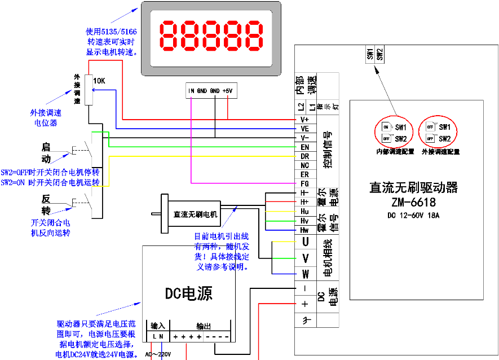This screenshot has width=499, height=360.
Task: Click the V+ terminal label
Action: pyautogui.click(x=304, y=120)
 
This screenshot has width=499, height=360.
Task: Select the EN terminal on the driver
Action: pyautogui.click(x=304, y=147)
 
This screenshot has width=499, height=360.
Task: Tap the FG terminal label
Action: pyautogui.click(x=304, y=183)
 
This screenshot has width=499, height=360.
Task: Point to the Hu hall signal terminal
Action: pyautogui.click(x=304, y=211)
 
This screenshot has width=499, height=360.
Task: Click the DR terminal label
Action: pyautogui.click(x=304, y=156)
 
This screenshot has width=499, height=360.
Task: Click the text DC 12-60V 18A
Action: pyautogui.click(x=413, y=215)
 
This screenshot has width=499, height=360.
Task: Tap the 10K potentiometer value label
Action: pyautogui.click(x=99, y=81)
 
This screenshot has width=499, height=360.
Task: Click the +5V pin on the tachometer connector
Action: pyautogui.click(x=227, y=90)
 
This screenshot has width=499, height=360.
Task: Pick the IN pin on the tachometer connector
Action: pyautogui.click(x=191, y=90)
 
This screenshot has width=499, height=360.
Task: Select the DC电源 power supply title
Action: pyautogui.click(x=189, y=293)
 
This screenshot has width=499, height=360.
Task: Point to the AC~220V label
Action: pyautogui.click(x=158, y=354)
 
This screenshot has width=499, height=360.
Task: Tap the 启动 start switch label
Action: pyautogui.click(x=46, y=152)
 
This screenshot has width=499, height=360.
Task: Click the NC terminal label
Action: pyautogui.click(x=304, y=165)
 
